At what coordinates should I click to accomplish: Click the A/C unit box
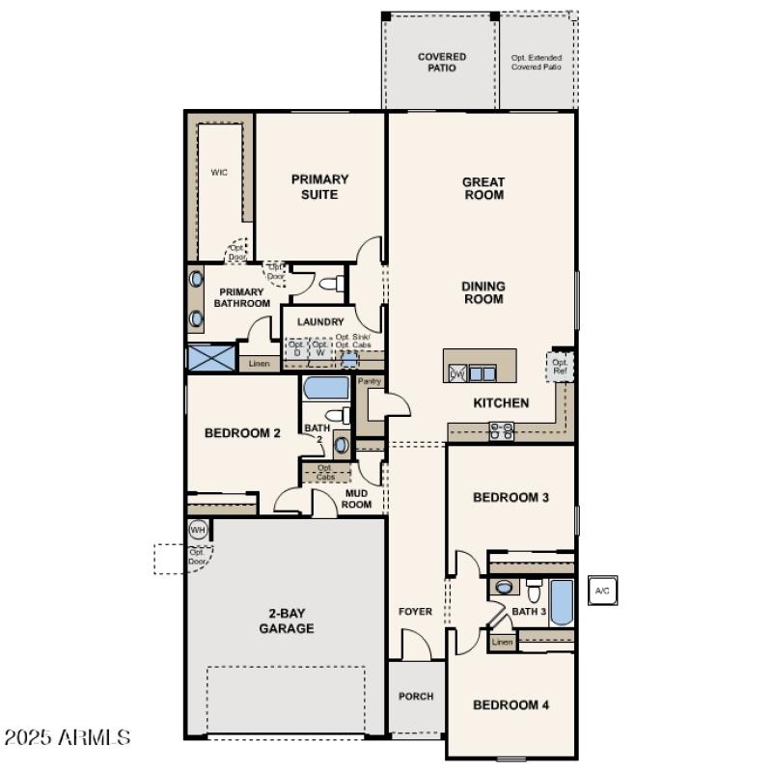(x=602, y=591)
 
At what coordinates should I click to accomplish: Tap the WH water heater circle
(x=198, y=530)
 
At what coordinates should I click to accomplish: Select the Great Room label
(x=483, y=188)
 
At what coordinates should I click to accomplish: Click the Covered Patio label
(x=442, y=63)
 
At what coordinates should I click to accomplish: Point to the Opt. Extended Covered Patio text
(x=537, y=63)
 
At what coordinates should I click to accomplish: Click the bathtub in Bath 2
(x=326, y=389)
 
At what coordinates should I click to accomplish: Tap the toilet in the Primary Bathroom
(x=331, y=285)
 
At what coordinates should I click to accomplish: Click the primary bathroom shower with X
(x=211, y=358)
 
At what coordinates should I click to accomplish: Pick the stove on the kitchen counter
(x=501, y=431)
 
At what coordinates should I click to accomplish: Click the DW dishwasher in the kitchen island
(x=457, y=373)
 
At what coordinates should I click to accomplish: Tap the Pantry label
(x=370, y=382)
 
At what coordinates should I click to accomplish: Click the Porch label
(x=416, y=696)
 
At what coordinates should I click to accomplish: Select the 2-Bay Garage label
(x=287, y=620)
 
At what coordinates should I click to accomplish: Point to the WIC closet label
(x=219, y=173)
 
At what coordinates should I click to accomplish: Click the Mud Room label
(x=358, y=498)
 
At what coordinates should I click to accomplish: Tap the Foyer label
(x=416, y=612)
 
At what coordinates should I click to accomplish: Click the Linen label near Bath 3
(x=502, y=642)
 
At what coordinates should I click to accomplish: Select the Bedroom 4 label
(x=510, y=704)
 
